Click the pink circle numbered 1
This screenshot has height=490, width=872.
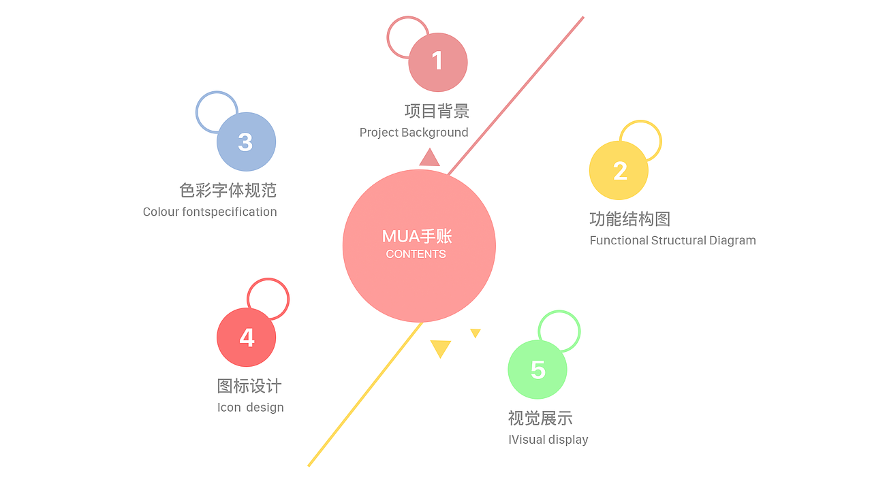click(x=438, y=62)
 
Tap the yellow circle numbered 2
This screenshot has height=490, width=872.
click(x=619, y=170)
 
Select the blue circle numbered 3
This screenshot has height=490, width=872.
click(x=246, y=142)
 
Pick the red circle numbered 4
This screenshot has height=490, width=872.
click(x=246, y=337)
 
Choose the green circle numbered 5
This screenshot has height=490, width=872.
click(x=538, y=370)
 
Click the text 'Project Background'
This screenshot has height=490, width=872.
click(x=414, y=133)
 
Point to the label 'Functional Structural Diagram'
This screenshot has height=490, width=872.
click(x=672, y=240)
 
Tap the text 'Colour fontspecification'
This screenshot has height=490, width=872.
click(x=210, y=212)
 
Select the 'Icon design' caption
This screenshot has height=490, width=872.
click(x=250, y=408)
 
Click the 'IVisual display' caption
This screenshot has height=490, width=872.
click(x=548, y=440)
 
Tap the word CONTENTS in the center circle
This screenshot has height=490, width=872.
click(x=416, y=254)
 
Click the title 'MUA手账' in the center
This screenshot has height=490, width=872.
click(x=417, y=236)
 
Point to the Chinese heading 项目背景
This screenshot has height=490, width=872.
click(x=437, y=111)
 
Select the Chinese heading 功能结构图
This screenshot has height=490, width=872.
click(x=629, y=219)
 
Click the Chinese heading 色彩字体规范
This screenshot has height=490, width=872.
click(x=228, y=191)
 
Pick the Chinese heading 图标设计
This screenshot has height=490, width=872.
click(x=249, y=387)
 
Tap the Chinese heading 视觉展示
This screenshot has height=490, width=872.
click(x=540, y=419)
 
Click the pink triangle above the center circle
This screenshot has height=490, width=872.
click(x=429, y=159)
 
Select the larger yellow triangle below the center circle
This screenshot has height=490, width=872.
click(x=441, y=348)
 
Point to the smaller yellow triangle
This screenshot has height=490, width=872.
click(x=476, y=333)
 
